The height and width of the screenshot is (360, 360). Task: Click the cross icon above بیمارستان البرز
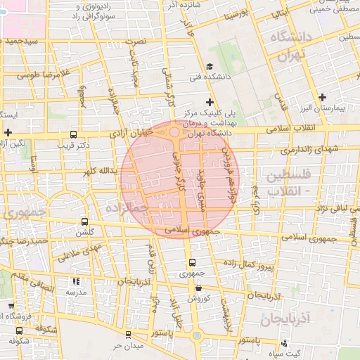(x=322, y=97)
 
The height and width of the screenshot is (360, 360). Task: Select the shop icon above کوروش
(x=198, y=288)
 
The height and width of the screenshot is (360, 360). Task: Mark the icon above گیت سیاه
(x=284, y=344)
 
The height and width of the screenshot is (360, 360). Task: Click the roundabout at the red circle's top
(x=174, y=131)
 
